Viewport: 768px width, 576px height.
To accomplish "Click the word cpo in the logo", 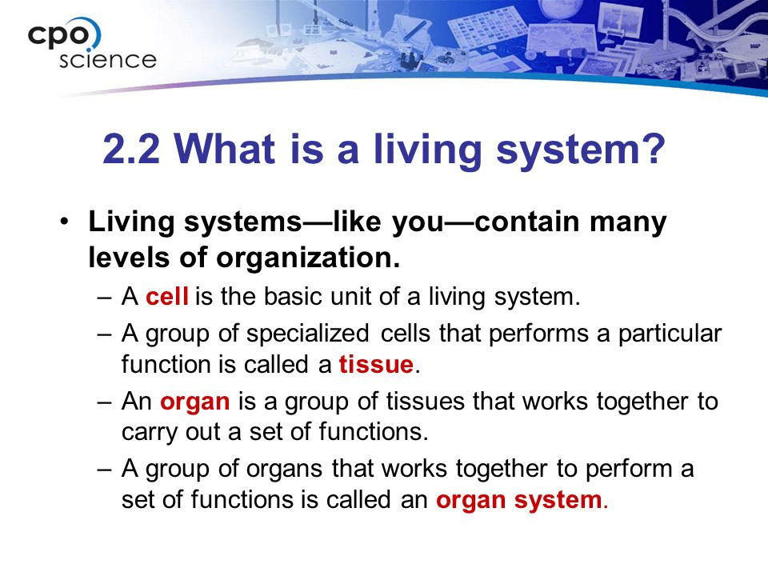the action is [x=58, y=36].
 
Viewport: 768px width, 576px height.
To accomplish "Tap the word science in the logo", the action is [x=108, y=60].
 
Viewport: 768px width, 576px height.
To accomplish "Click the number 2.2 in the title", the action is [x=131, y=149].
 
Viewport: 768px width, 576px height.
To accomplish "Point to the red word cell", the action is [x=167, y=297].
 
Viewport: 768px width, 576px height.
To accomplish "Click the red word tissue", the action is [x=376, y=365].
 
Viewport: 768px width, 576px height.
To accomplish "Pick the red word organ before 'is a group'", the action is [x=195, y=402].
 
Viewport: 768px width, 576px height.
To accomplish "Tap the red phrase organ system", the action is [x=518, y=501].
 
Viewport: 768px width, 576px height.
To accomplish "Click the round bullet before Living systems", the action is [x=64, y=222].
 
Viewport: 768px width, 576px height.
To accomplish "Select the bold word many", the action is [x=628, y=223].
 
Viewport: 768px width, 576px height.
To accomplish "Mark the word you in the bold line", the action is [x=418, y=223].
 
